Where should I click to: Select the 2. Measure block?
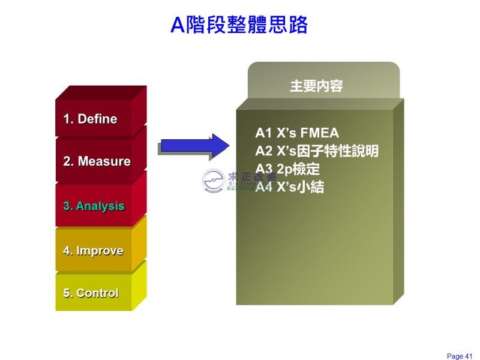97,161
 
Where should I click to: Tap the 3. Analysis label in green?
94,206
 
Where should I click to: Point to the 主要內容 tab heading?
316,86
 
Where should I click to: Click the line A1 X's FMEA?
297,133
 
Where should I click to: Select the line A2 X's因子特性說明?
317,151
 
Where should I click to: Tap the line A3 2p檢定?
288,169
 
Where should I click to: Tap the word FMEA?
319,133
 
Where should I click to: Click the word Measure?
104,161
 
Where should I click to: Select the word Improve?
100,251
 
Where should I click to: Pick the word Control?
97,293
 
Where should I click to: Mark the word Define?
97,119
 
